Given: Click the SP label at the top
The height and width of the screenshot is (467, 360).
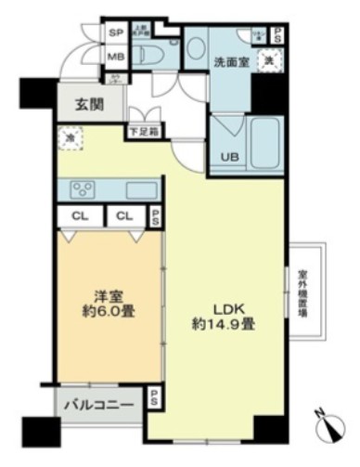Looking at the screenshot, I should [x=117, y=32].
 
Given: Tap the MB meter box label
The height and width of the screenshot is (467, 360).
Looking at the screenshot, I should [x=117, y=56].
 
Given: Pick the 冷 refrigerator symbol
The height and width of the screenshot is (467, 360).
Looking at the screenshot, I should [x=70, y=140].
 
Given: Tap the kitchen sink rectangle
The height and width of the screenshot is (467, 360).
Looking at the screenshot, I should [x=141, y=190].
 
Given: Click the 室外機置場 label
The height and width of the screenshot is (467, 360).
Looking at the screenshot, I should [x=303, y=293].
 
